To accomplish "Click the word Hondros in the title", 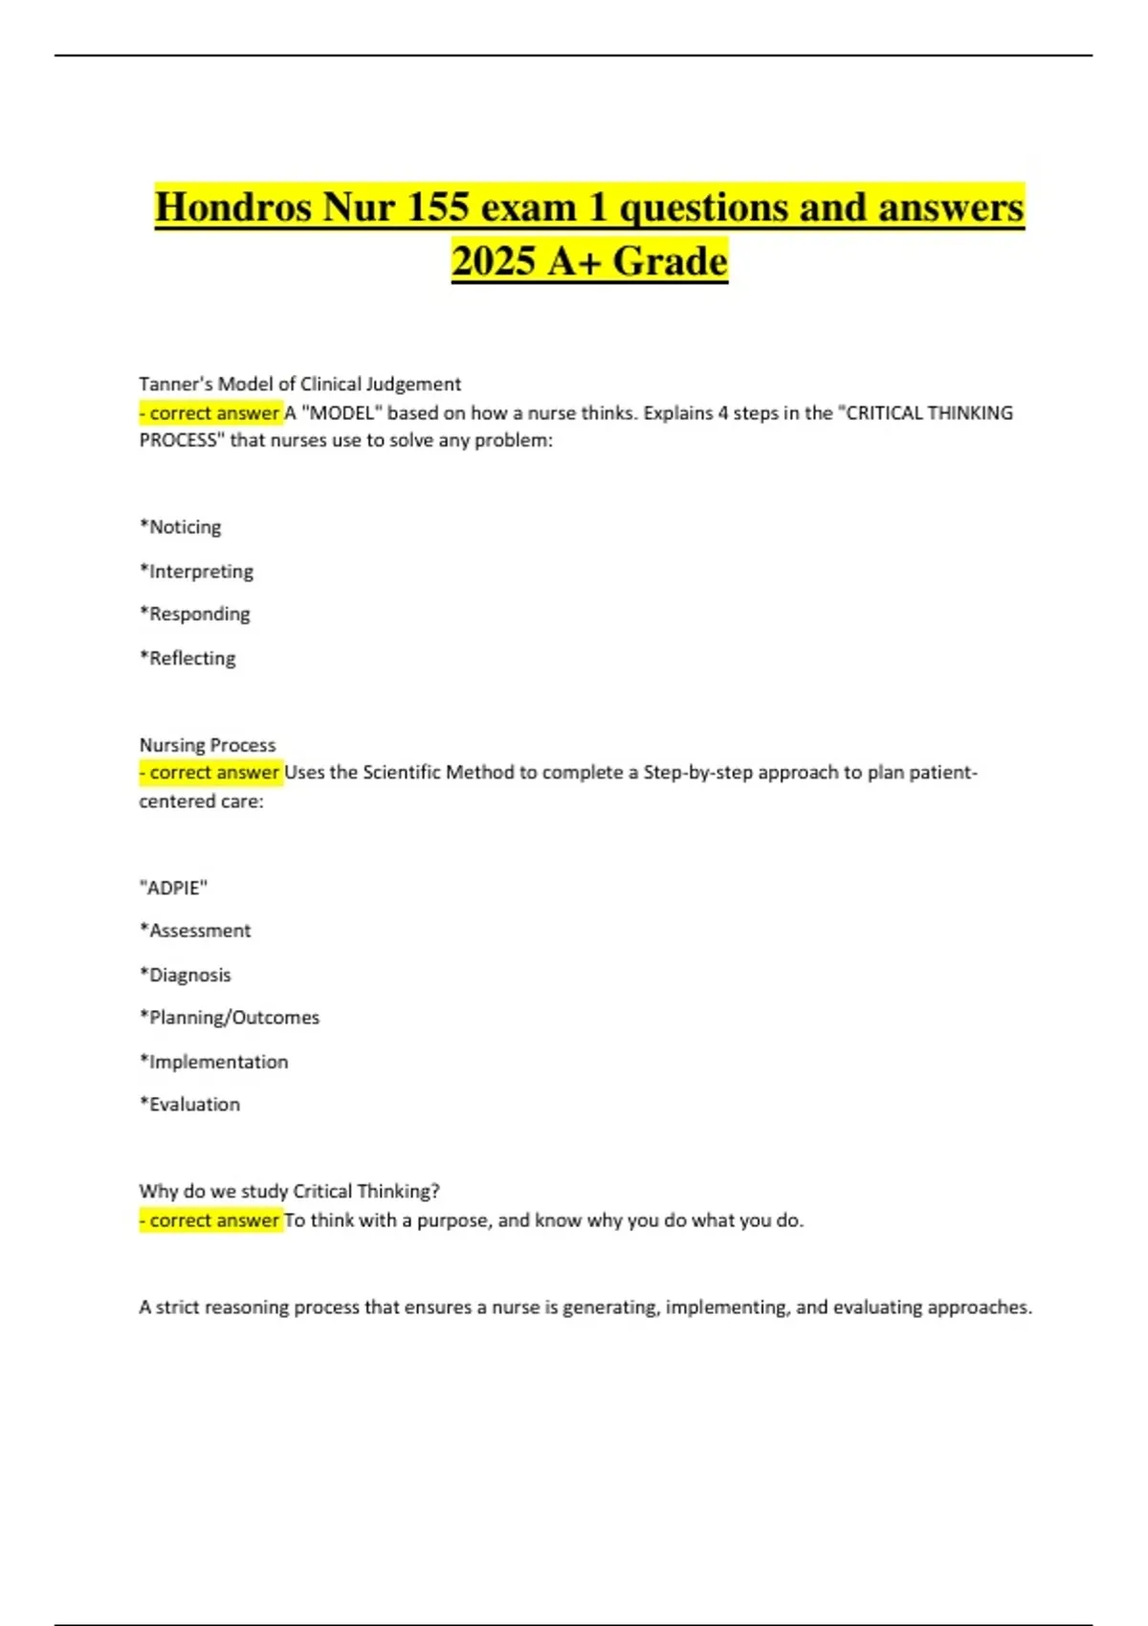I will [x=232, y=208].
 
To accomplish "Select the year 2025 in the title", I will [x=493, y=261].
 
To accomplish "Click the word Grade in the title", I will [x=670, y=261].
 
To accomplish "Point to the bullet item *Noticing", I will [x=181, y=527].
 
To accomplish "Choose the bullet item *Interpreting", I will [x=197, y=571].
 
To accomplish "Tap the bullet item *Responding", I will [x=195, y=614].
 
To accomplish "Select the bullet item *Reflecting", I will [x=188, y=658].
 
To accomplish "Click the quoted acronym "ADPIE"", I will [x=173, y=888].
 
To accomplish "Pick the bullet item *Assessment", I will [x=195, y=931].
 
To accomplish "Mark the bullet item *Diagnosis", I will [x=186, y=975].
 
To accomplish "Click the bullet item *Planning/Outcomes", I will [x=230, y=1018].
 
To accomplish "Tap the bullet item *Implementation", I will [x=214, y=1062].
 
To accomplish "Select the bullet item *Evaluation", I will [x=190, y=1105].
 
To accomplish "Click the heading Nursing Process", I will [x=208, y=745].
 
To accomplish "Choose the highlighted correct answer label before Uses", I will [x=211, y=773].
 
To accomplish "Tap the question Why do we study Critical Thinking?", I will [x=289, y=1192].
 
